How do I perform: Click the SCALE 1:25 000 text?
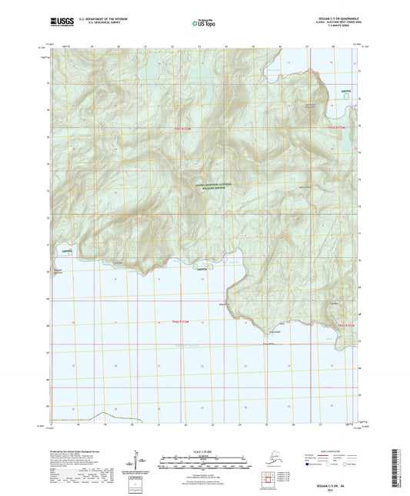tap(204, 451)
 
